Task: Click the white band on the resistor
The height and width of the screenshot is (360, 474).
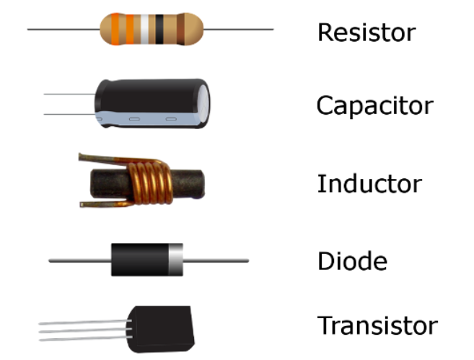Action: (x=145, y=29)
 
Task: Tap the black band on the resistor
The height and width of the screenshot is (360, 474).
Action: (x=159, y=29)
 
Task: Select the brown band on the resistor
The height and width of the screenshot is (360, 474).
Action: (x=180, y=29)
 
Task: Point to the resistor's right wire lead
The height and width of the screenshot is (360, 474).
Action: (x=239, y=30)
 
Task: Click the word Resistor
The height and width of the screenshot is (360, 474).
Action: (x=367, y=32)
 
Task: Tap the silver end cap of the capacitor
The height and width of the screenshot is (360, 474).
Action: (x=203, y=102)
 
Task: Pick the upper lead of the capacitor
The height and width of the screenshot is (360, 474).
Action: (x=69, y=94)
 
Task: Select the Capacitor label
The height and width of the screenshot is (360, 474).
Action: (x=375, y=105)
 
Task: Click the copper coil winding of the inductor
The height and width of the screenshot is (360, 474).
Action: (x=149, y=183)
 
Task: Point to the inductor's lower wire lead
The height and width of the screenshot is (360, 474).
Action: (x=105, y=204)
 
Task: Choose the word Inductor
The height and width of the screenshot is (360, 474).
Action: (x=369, y=183)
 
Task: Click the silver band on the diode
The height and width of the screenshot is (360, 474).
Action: (x=175, y=260)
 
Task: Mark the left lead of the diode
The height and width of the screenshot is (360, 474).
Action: (x=80, y=260)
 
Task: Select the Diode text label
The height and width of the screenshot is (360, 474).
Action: (x=353, y=260)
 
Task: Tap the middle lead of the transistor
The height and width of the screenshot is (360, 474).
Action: (x=85, y=330)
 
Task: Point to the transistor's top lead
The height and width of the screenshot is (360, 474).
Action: (x=85, y=322)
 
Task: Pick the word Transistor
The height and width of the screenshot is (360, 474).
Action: (x=377, y=325)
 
